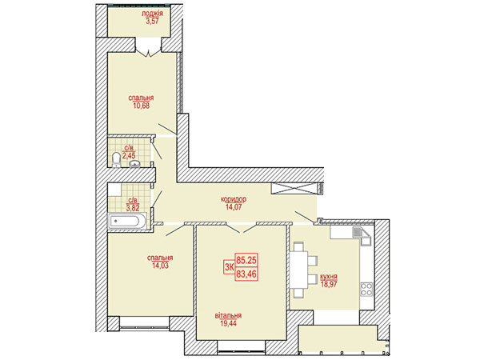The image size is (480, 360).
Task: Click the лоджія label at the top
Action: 152,14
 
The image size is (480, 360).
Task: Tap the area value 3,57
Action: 152,21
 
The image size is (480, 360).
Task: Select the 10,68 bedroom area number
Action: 141,106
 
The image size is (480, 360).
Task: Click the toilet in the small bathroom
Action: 116,160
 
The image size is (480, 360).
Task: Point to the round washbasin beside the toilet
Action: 134,164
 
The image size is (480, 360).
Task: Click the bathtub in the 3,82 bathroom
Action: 127,221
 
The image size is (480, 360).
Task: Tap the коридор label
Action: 234,199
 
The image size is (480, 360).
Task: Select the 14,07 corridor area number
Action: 234,207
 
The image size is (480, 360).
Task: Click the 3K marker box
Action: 229,267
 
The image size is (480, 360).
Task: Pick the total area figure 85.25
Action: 246,260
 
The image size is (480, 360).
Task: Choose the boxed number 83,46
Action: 246,274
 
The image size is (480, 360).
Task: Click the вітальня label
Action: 228,315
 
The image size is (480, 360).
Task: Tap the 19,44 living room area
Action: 228,323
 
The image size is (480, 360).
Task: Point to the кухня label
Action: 329,277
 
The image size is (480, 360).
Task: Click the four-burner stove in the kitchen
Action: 366,289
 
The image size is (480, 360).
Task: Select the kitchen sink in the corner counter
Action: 358,232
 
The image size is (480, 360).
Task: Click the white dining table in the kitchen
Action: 298,270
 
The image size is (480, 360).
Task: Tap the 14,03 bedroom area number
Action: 160,266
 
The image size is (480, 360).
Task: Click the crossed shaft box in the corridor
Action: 293,188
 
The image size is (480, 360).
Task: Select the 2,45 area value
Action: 129,155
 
